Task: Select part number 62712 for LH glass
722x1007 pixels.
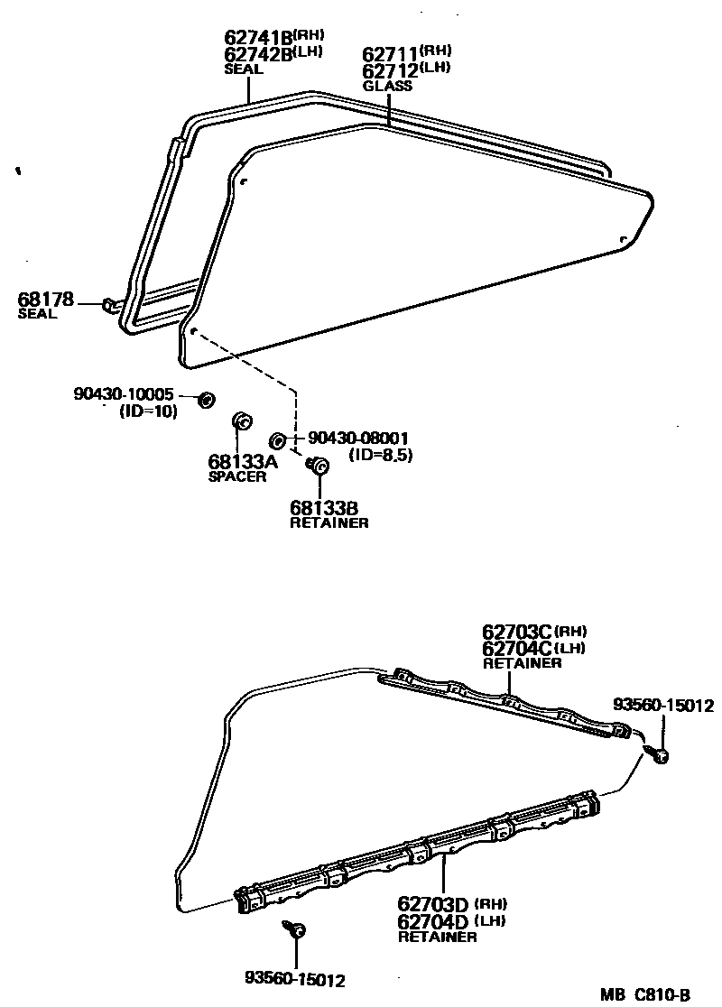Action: [x=389, y=70]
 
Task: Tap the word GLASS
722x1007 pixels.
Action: [x=387, y=87]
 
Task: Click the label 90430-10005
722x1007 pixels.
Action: [x=123, y=395]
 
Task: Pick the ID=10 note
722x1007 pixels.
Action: [x=148, y=411]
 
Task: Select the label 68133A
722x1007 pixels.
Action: [x=243, y=462]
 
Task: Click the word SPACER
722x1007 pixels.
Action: [x=237, y=477]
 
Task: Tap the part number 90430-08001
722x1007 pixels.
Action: [x=358, y=439]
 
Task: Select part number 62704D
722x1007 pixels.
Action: [x=434, y=920]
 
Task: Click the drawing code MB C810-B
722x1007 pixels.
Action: [x=647, y=995]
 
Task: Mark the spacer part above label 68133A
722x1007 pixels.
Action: [x=242, y=420]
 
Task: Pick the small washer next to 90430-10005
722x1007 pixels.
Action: [x=206, y=399]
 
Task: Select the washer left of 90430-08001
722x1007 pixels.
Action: [x=280, y=439]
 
